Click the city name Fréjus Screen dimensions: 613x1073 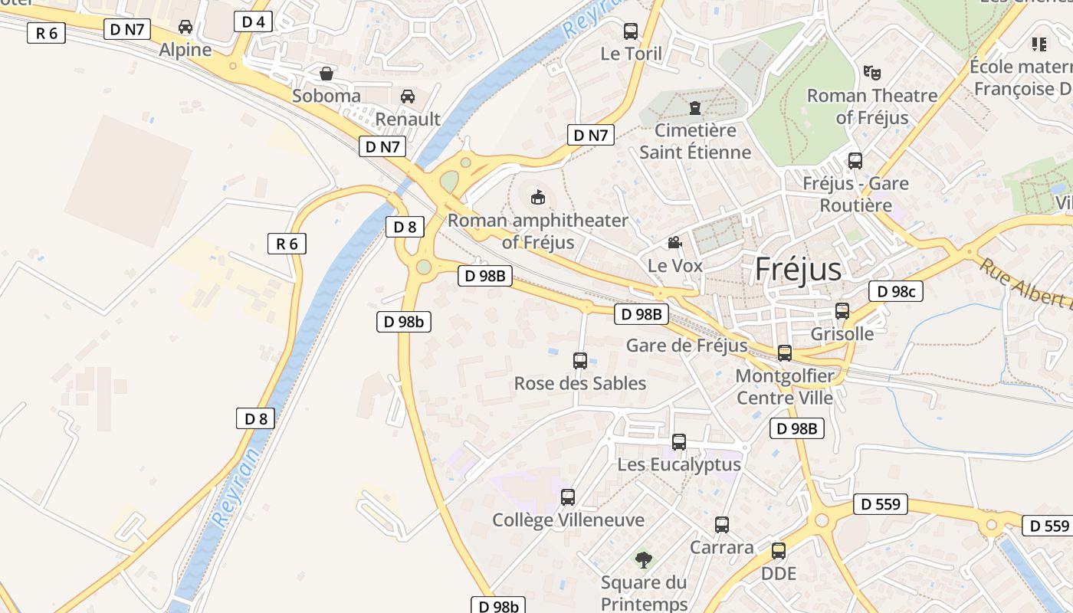(798, 270)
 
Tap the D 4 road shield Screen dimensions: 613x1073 (253, 21)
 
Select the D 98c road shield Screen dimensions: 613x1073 (896, 291)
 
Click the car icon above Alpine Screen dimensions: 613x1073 (185, 28)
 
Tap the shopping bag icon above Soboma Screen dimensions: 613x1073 (326, 74)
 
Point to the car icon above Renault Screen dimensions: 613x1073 (408, 97)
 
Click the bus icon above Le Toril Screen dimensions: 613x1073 (631, 31)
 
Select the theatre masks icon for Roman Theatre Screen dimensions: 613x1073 (871, 73)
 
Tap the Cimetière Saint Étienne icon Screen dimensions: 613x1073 (695, 108)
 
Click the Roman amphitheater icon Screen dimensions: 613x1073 (538, 198)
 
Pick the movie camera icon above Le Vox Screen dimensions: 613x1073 (674, 243)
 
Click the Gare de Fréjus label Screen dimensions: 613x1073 (686, 346)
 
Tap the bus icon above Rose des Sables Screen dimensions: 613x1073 (580, 360)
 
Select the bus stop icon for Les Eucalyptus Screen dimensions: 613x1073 (679, 442)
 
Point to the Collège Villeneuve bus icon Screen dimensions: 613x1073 (568, 497)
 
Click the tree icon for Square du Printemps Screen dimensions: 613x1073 (644, 560)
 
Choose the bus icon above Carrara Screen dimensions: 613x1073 (722, 525)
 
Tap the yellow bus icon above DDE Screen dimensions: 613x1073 (779, 551)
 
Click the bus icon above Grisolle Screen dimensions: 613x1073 (842, 311)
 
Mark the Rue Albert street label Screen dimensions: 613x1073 (1027, 284)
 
